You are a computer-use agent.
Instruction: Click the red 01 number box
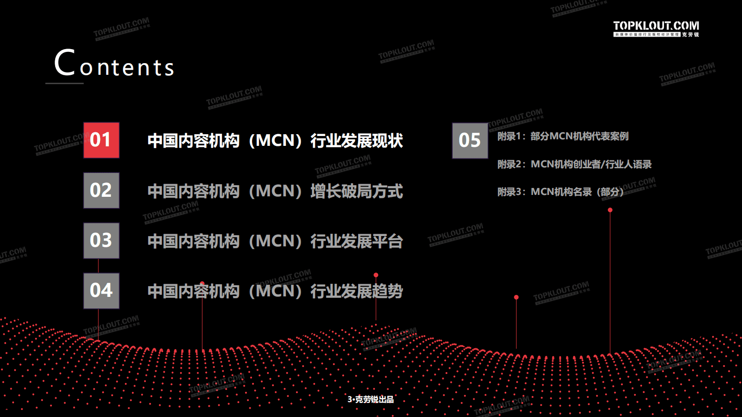[101, 140]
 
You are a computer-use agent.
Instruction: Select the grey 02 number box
[101, 190]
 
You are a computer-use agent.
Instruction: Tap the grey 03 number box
[101, 240]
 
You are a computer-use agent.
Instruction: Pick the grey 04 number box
[101, 290]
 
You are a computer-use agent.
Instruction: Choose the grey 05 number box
[470, 140]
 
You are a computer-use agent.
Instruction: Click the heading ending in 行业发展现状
[275, 141]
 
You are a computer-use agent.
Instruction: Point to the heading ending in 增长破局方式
[275, 191]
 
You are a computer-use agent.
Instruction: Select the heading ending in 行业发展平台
[275, 241]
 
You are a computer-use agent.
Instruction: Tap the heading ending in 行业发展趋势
[275, 291]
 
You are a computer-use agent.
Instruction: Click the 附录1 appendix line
[563, 136]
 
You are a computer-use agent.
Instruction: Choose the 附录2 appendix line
[574, 164]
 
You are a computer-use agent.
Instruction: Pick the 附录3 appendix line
[560, 192]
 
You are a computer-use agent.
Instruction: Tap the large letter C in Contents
[65, 63]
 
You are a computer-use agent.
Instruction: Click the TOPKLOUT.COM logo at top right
[656, 28]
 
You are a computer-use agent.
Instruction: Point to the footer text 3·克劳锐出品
[370, 399]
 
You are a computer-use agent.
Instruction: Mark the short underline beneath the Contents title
[65, 83]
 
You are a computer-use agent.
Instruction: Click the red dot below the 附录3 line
[610, 210]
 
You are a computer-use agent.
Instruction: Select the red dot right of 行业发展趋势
[376, 275]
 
